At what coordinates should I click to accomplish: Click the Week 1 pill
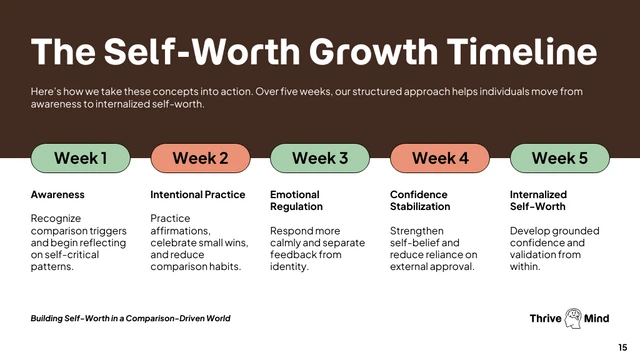(80, 158)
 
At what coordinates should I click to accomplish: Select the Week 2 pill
(200, 158)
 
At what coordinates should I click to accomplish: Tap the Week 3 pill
(320, 158)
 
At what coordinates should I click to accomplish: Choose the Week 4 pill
(440, 158)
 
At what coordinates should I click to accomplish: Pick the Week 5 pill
(560, 158)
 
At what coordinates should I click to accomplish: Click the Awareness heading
(58, 194)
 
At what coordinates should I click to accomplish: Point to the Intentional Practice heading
(198, 194)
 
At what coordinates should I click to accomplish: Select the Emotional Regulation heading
(296, 200)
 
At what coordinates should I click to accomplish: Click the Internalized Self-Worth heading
(538, 200)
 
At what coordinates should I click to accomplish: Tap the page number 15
(623, 347)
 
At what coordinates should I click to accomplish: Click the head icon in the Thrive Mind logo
(574, 318)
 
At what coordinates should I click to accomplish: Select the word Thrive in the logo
(547, 319)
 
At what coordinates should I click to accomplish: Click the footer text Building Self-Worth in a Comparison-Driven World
(131, 318)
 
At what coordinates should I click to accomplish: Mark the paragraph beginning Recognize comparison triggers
(77, 242)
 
